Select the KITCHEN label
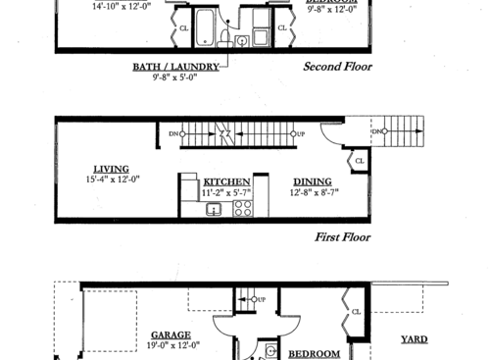226,182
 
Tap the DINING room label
312,181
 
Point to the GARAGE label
171,334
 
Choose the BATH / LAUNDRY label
174,68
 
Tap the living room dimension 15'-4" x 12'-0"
112,180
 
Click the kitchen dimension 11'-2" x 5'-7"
226,194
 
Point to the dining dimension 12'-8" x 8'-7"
312,193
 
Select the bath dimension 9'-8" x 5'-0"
174,78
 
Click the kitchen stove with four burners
244,207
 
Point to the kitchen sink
214,210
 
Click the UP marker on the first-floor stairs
300,132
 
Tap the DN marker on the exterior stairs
377,131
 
